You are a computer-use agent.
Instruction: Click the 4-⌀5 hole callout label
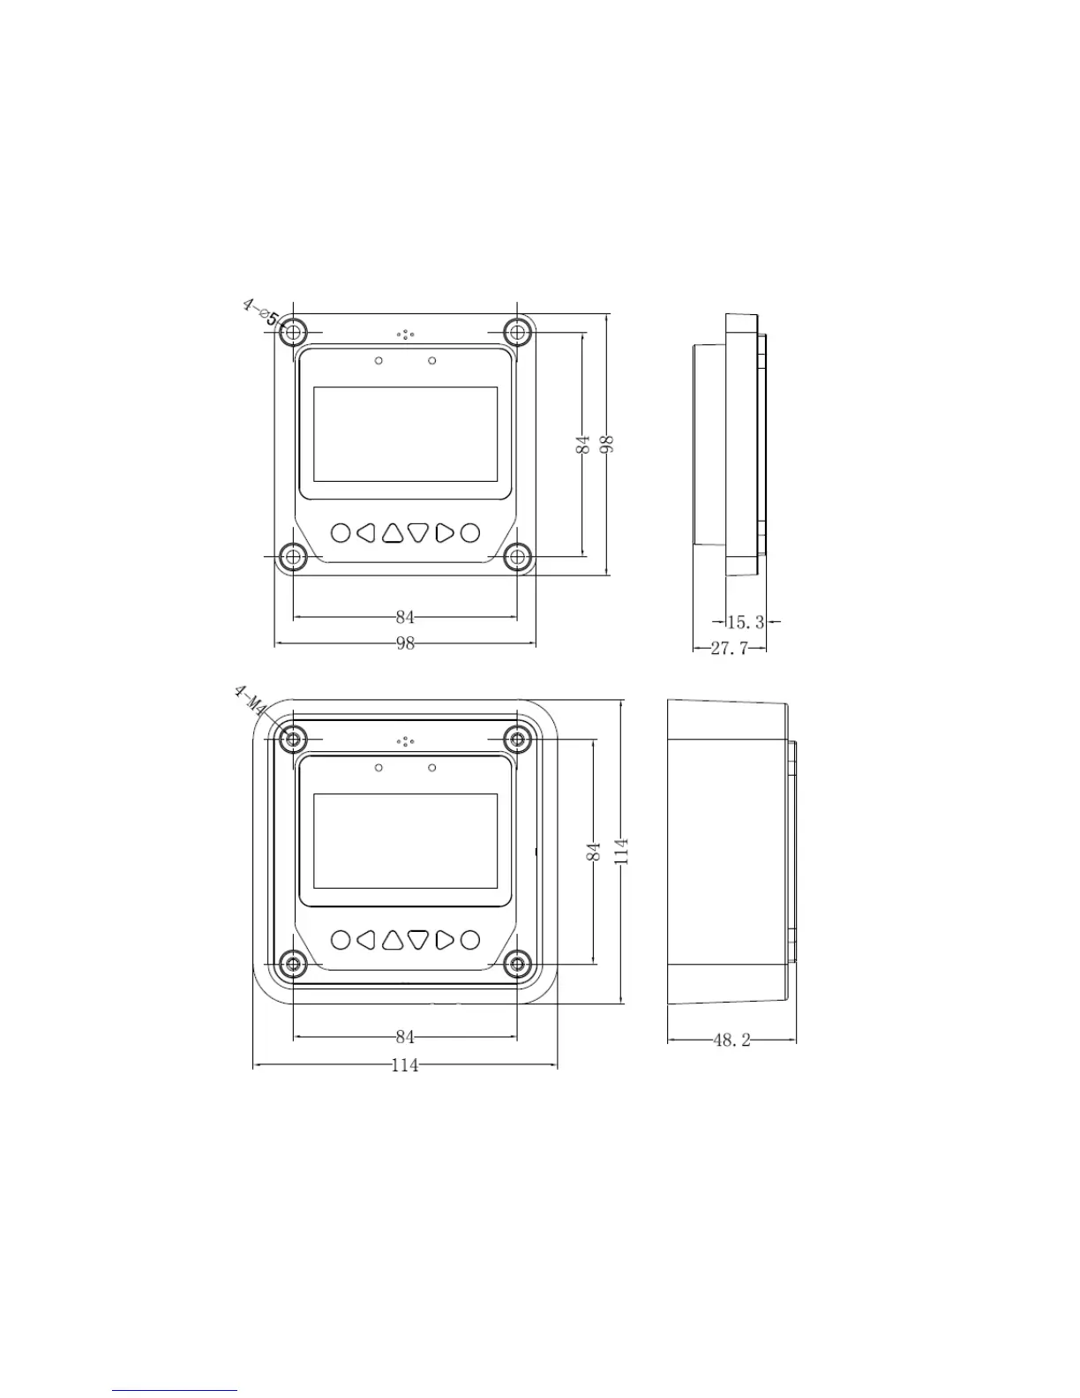[x=260, y=312]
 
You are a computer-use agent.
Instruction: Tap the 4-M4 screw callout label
[x=251, y=702]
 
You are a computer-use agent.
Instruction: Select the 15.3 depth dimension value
[x=746, y=622]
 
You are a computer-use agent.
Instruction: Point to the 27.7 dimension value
[x=730, y=648]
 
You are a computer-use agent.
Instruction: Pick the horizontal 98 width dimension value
[x=405, y=643]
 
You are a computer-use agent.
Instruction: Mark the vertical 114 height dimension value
[x=621, y=851]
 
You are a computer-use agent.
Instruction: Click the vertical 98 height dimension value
[x=606, y=444]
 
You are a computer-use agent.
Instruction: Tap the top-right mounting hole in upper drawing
[x=516, y=333]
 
